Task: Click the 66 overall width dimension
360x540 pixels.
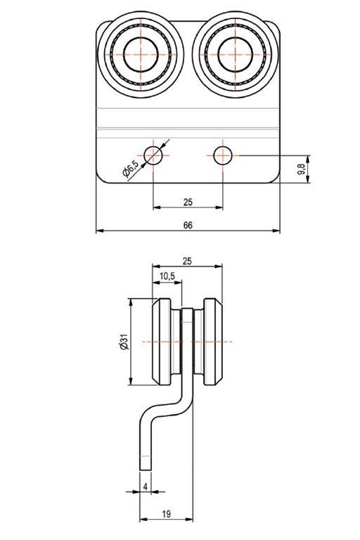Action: (x=188, y=225)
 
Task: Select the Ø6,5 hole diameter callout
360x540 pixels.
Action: (x=131, y=169)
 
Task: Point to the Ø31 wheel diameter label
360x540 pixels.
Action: (x=124, y=341)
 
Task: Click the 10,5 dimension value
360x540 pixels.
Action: (x=167, y=276)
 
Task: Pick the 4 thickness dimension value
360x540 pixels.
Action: (x=146, y=487)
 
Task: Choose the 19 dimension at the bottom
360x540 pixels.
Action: (x=166, y=514)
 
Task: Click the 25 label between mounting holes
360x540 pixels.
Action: (x=188, y=202)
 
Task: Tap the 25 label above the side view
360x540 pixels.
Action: (x=187, y=261)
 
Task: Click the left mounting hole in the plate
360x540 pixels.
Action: (x=153, y=155)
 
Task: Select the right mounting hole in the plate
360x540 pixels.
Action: (x=223, y=155)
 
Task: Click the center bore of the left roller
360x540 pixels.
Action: (x=141, y=54)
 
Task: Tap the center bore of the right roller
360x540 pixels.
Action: (x=235, y=54)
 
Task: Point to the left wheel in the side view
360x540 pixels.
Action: (x=161, y=341)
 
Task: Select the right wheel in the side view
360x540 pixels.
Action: (x=213, y=341)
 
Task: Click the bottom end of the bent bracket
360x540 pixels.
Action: (x=145, y=470)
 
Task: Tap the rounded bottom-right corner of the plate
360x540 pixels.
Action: (x=275, y=179)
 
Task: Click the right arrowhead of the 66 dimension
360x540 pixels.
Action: (x=276, y=231)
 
